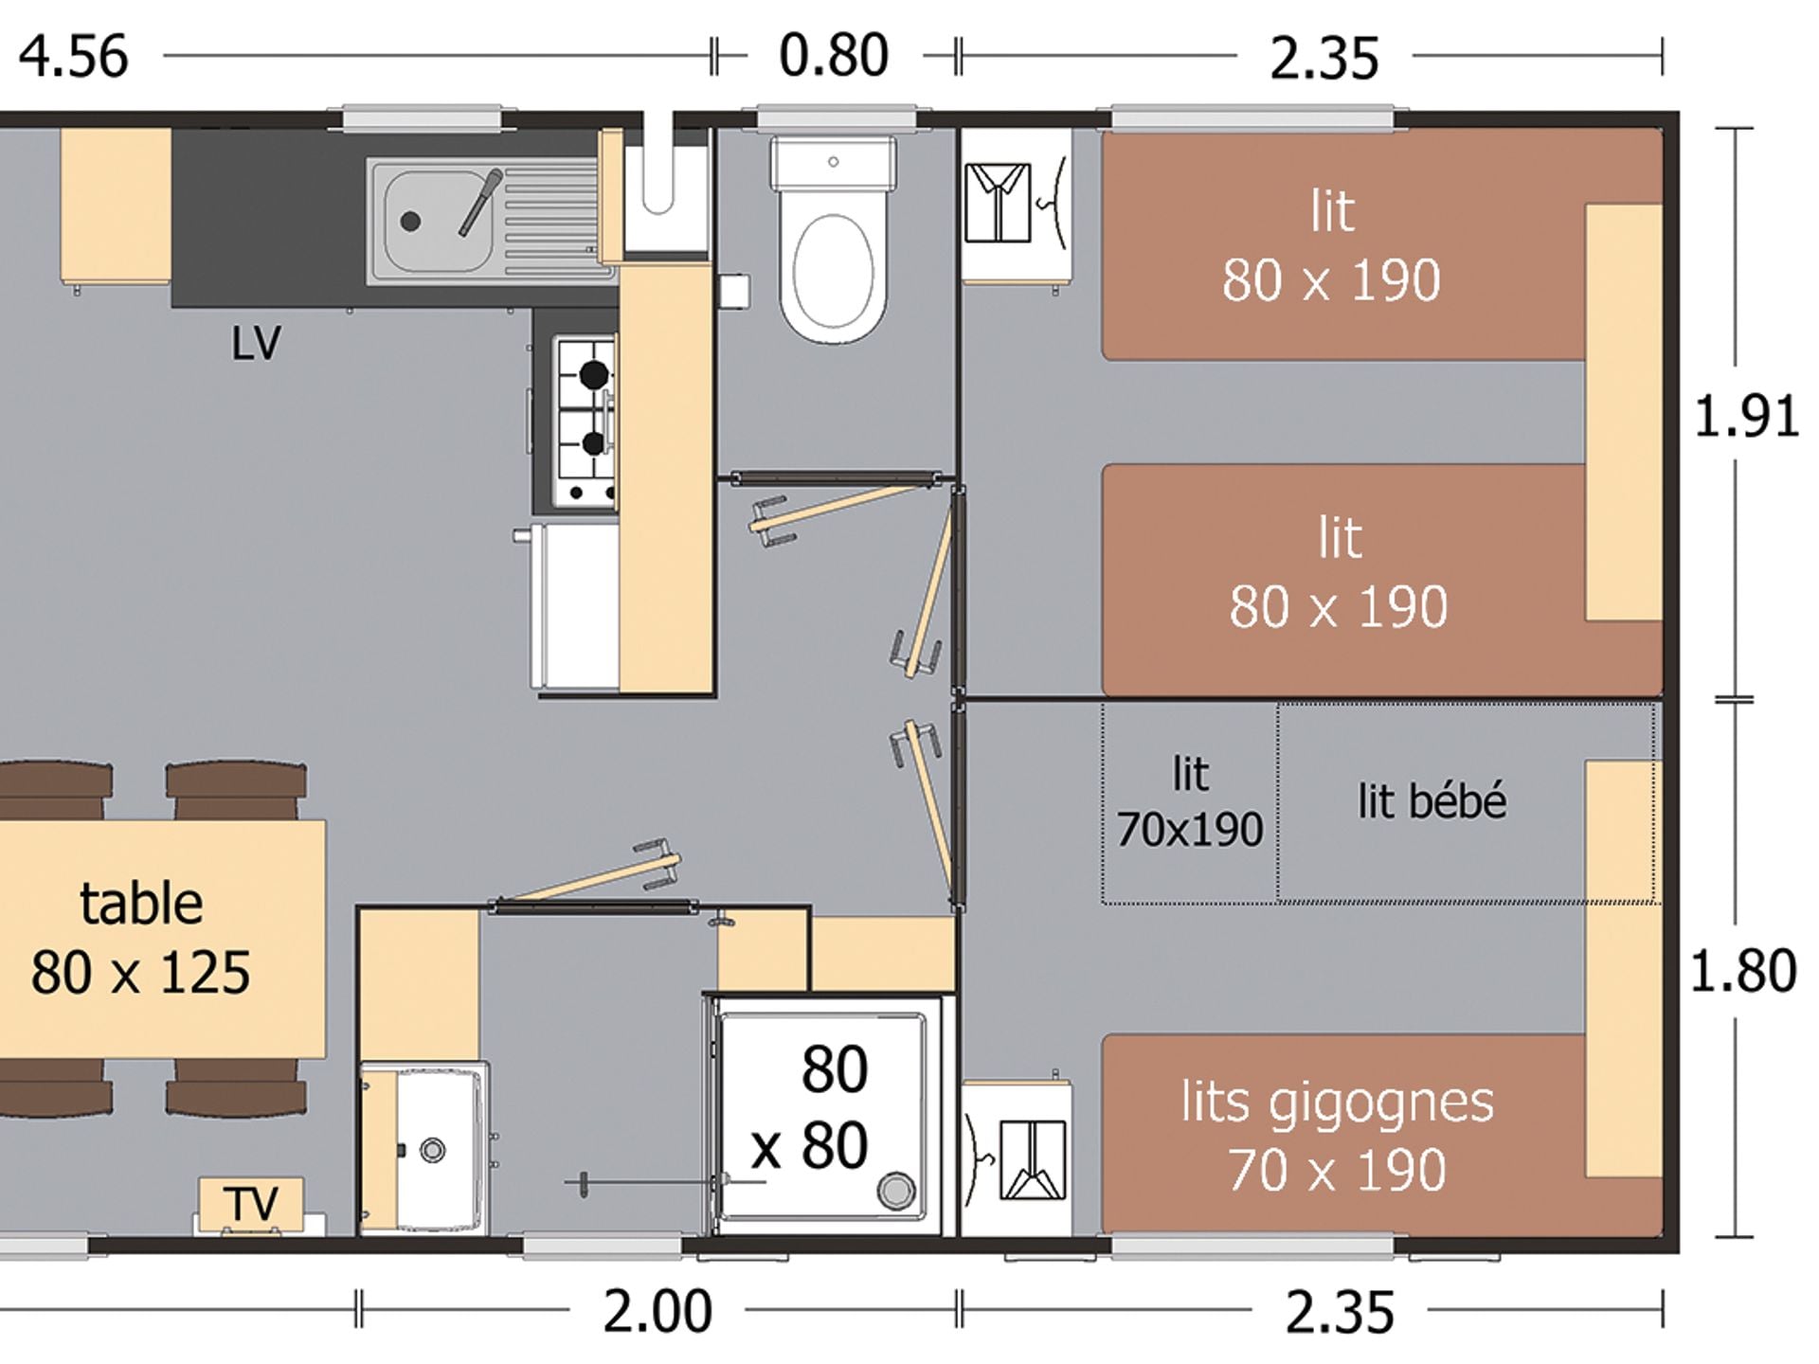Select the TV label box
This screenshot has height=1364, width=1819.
coord(251,1204)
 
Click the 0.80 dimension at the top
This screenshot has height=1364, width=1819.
coord(834,55)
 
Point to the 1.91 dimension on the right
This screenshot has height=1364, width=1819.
coord(1746,417)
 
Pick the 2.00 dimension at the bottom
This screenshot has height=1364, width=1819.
coord(657,1312)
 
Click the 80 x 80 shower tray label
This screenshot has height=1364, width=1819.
coord(811,1107)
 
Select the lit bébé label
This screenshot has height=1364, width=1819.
coord(1432,801)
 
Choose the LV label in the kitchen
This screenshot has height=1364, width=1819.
coord(256,343)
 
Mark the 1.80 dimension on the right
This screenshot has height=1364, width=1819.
coord(1743,971)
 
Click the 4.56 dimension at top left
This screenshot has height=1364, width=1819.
coord(74,56)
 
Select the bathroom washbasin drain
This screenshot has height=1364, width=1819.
coord(433,1150)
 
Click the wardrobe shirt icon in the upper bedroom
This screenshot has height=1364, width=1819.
coord(998,203)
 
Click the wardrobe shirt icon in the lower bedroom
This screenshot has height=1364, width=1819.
coord(1033,1160)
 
